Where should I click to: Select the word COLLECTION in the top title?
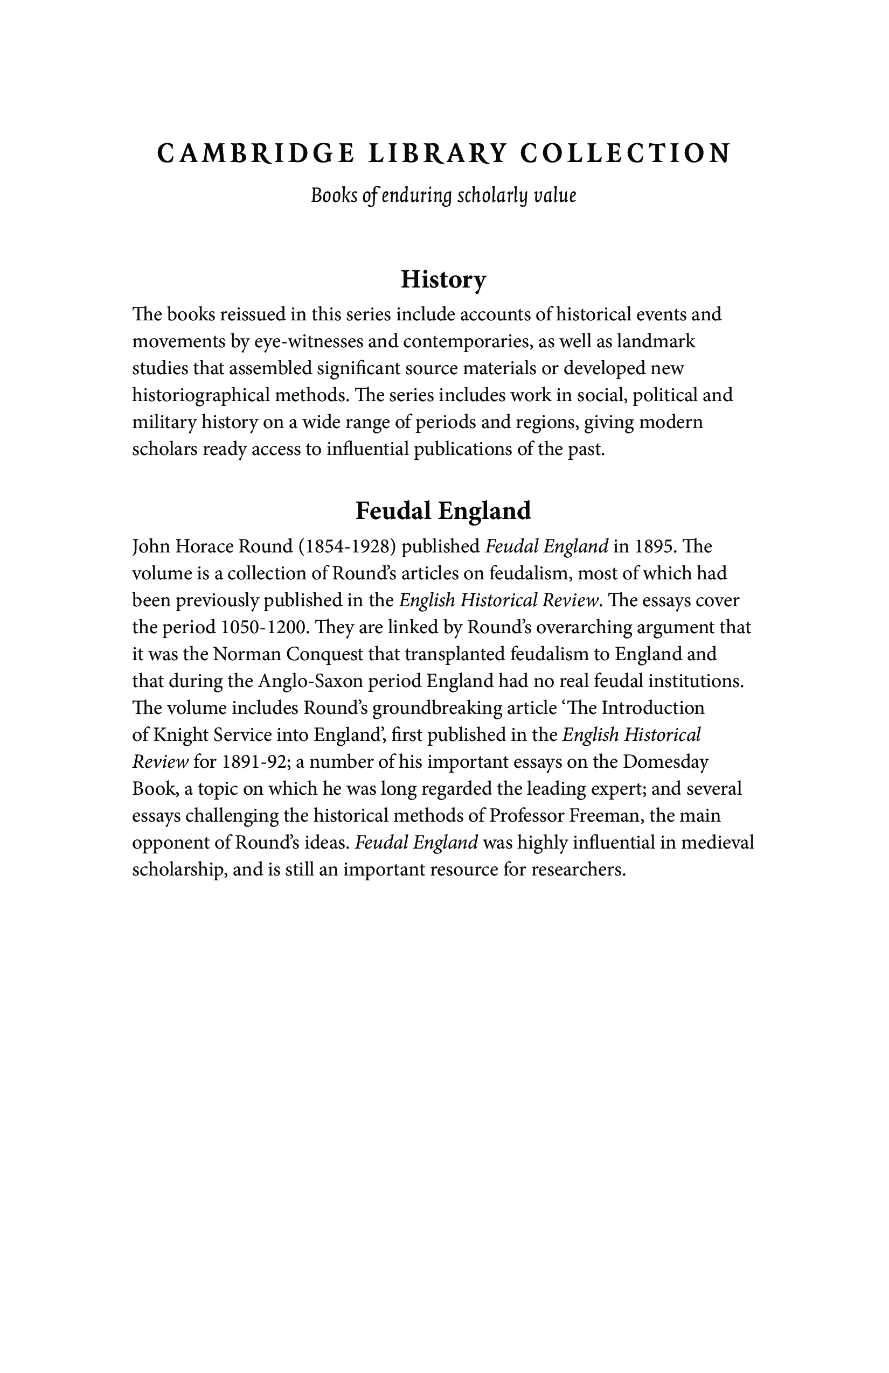(x=625, y=153)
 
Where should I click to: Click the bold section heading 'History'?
(x=443, y=280)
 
